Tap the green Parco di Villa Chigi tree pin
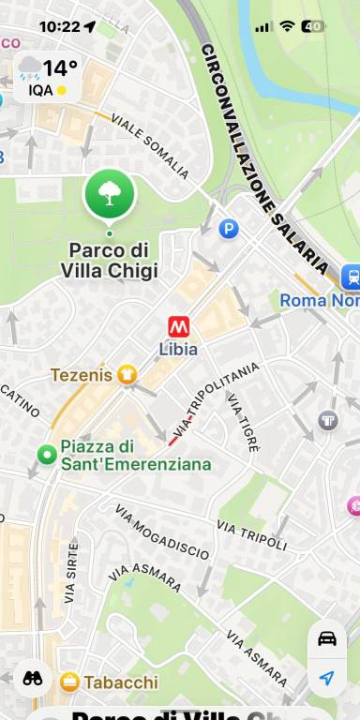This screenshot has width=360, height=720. click(x=110, y=193)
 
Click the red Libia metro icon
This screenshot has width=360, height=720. click(x=178, y=326)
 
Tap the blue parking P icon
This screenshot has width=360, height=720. click(x=229, y=228)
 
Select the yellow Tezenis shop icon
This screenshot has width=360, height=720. click(x=127, y=375)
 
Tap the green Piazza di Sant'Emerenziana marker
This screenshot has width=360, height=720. click(x=47, y=455)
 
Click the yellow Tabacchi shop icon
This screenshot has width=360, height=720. click(x=69, y=682)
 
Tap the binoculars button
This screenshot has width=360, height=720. click(x=32, y=679)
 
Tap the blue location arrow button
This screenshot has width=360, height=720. click(x=326, y=678)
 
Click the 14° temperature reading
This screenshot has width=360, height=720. click(x=59, y=67)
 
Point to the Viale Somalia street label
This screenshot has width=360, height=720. click(x=150, y=146)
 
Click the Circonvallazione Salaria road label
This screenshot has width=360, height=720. click(x=266, y=159)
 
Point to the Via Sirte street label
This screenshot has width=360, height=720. click(x=71, y=571)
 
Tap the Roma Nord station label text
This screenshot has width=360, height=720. click(x=319, y=301)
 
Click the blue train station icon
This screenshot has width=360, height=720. click(x=352, y=276)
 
